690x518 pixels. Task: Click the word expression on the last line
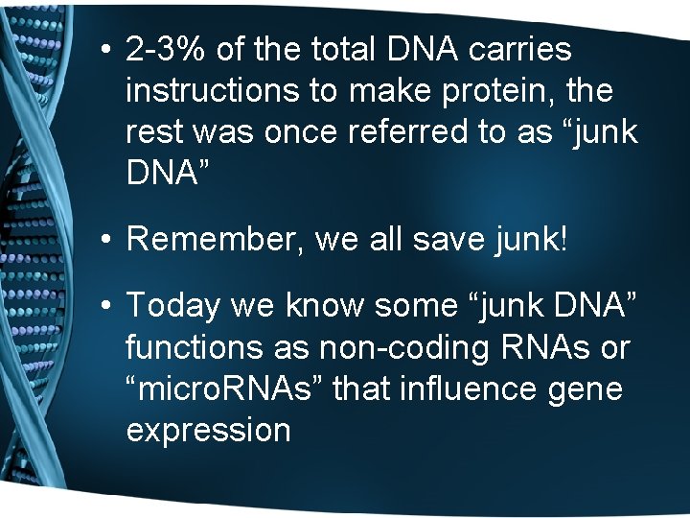click(208, 430)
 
